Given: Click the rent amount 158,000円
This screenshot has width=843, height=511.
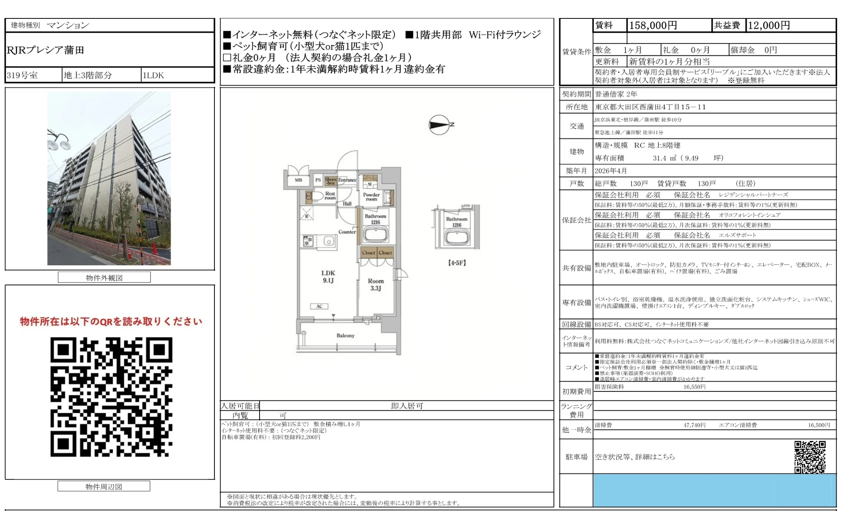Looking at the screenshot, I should point(653,25).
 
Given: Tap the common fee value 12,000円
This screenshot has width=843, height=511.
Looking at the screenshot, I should point(769,25).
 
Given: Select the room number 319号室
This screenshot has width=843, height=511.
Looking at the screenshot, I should point(22,75).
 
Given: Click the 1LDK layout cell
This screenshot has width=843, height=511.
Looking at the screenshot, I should point(153,75).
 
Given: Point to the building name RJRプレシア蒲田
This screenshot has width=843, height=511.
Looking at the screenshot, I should point(46,50).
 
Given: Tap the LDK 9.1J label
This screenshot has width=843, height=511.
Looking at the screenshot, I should point(328,277).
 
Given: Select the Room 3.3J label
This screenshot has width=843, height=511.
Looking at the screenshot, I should point(376,285).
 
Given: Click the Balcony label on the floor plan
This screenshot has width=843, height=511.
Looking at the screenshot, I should point(345,335).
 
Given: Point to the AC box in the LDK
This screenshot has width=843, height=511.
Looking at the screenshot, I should point(319,306).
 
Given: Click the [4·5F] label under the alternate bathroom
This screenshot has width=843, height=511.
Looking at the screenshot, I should point(457,263).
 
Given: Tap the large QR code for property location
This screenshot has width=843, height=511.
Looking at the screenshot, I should point(111,396).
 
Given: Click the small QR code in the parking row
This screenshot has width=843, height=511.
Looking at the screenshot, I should point(810,457).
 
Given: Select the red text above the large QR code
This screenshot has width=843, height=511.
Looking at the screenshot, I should point(111,321).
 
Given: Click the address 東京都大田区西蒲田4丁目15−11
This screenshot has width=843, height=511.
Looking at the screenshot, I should point(650,107).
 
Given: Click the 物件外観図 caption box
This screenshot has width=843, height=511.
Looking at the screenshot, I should point(104,278).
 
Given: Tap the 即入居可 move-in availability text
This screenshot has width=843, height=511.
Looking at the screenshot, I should point(407,406).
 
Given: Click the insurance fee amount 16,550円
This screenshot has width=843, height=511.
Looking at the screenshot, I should point(694,387).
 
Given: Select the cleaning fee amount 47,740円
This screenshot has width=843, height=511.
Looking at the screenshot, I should point(694,425).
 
